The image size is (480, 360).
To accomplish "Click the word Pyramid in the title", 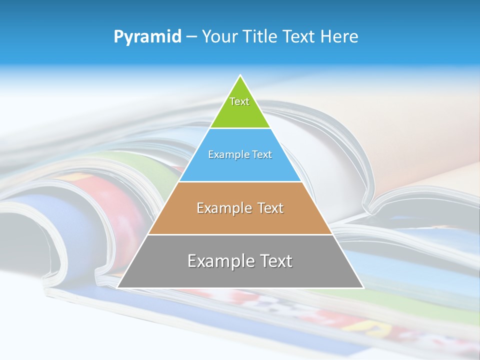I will (x=147, y=37).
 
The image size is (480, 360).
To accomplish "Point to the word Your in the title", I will (x=219, y=36).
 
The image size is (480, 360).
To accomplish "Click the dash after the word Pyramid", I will (x=191, y=37).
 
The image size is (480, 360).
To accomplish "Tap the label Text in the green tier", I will (x=239, y=101).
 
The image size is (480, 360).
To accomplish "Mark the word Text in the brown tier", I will (x=270, y=208).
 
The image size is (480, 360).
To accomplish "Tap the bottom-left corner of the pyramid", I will (x=118, y=287).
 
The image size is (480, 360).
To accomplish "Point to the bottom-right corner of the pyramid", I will (x=362, y=287).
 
